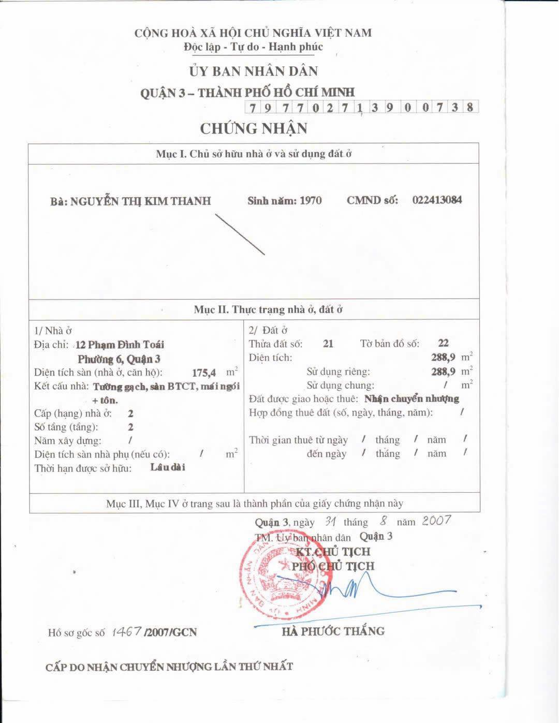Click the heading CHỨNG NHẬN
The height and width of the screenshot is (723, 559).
pyautogui.click(x=254, y=128)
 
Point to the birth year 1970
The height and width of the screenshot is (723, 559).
pyautogui.click(x=311, y=200)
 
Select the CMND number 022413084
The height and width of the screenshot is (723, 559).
pyautogui.click(x=437, y=200)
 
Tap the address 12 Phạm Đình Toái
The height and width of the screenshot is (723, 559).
pyautogui.click(x=120, y=345)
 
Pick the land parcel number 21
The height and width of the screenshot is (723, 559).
pyautogui.click(x=328, y=343)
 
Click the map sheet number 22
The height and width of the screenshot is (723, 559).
pyautogui.click(x=443, y=343)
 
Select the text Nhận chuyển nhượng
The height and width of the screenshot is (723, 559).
pyautogui.click(x=411, y=399)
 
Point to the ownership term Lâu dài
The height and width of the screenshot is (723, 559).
pyautogui.click(x=168, y=467)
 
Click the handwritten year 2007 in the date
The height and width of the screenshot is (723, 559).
pyautogui.click(x=436, y=520)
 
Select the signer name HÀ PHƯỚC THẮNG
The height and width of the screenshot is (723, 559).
pyautogui.click(x=333, y=631)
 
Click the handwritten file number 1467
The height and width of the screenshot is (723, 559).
pyautogui.click(x=126, y=631)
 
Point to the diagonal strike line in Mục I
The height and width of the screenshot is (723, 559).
pyautogui.click(x=240, y=234)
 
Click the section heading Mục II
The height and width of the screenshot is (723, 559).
pyautogui.click(x=268, y=310)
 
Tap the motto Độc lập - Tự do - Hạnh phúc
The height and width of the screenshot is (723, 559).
pyautogui.click(x=253, y=47)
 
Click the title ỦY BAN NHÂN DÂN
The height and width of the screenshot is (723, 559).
pyautogui.click(x=253, y=71)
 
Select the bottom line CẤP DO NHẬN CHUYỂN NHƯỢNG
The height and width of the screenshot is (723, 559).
pyautogui.click(x=169, y=667)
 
